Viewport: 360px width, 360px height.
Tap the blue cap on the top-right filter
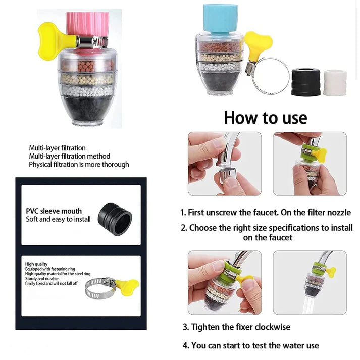click(220, 18)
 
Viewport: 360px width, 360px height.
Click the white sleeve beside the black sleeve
click(335, 82)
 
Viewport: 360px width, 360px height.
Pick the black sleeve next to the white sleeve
click(305, 82)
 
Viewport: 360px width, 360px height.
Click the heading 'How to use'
click(265, 117)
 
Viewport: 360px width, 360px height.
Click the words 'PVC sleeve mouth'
click(54, 211)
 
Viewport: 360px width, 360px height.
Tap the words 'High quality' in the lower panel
click(36, 264)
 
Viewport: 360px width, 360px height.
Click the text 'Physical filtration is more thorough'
click(79, 164)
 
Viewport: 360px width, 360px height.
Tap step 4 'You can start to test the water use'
click(250, 345)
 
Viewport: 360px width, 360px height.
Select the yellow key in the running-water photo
click(331, 272)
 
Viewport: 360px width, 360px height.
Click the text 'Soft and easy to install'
click(58, 219)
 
